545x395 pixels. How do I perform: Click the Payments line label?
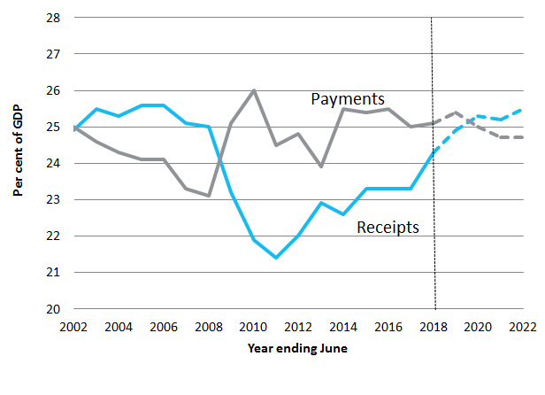click(x=348, y=98)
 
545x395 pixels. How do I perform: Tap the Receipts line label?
click(x=388, y=228)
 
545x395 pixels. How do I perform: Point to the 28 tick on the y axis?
click(x=53, y=18)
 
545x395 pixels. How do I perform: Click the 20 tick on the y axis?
click(x=53, y=309)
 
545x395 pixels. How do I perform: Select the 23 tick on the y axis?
click(x=53, y=200)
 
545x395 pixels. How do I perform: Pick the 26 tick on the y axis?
click(x=53, y=90)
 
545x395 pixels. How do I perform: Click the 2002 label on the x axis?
click(x=74, y=326)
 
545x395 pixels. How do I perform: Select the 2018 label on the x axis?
click(x=434, y=326)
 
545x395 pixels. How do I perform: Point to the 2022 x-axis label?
click(x=522, y=326)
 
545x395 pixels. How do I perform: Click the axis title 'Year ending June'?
click(x=297, y=348)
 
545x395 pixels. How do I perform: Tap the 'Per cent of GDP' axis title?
click(x=18, y=164)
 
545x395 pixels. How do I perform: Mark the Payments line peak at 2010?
click(x=254, y=90)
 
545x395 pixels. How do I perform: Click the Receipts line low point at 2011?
click(x=276, y=258)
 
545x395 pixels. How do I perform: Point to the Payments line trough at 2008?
click(x=209, y=196)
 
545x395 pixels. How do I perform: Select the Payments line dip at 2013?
click(x=321, y=167)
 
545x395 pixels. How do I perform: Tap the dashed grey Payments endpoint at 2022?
click(x=523, y=137)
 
